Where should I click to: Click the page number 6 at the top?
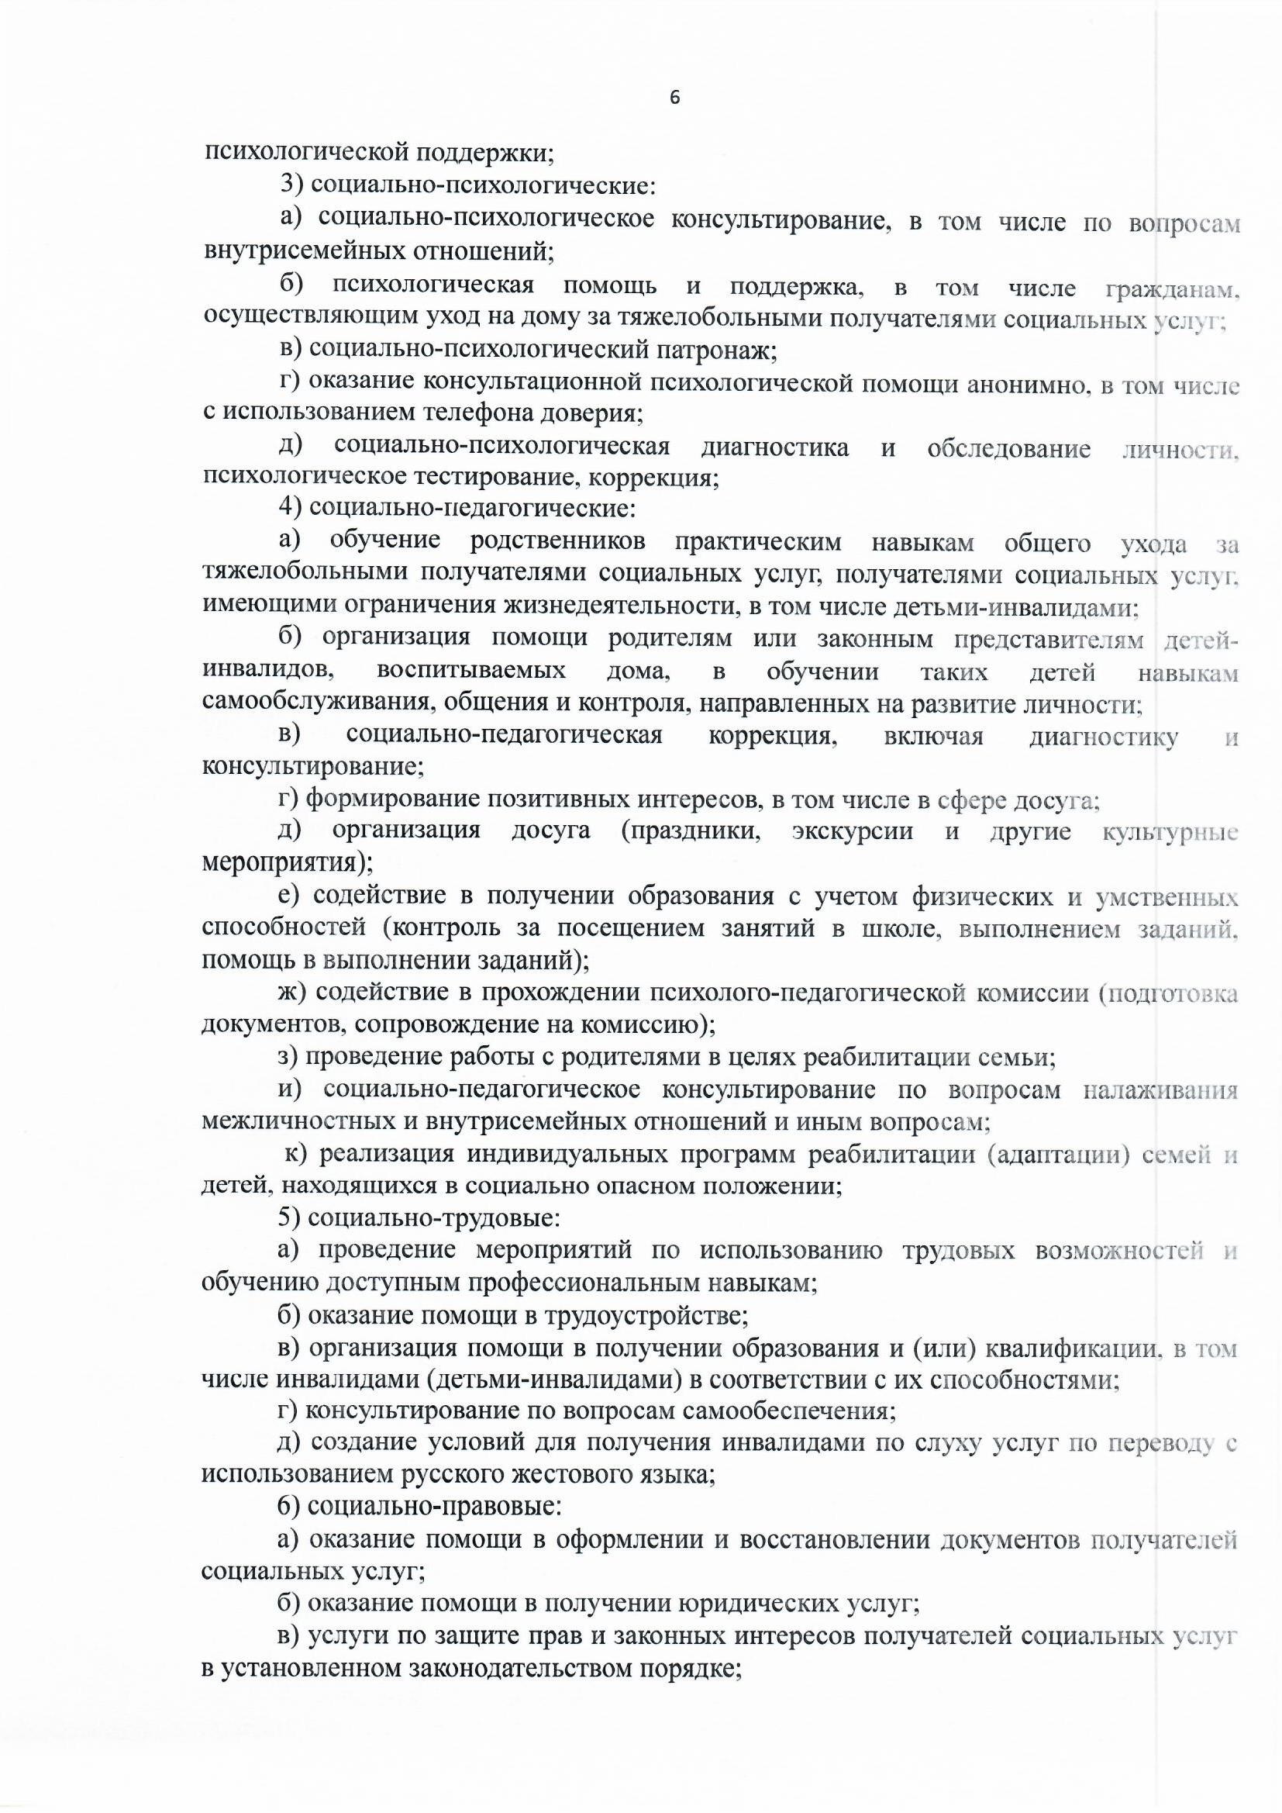coord(674,97)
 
